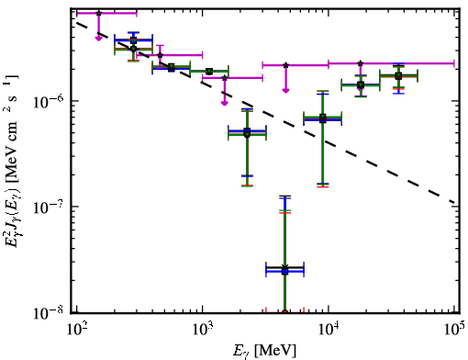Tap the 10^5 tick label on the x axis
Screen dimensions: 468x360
pyautogui.click(x=454, y=330)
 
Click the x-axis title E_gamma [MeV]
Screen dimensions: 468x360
pyautogui.click(x=264, y=351)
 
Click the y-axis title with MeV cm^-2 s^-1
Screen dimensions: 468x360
pyautogui.click(x=13, y=161)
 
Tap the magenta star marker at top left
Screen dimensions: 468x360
pyautogui.click(x=98, y=13)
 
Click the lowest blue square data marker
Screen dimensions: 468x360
pyautogui.click(x=284, y=272)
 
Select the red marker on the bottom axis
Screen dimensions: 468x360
pyautogui.click(x=284, y=312)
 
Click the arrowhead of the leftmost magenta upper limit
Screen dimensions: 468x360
pyautogui.click(x=98, y=38)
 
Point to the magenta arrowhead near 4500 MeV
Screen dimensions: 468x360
pyautogui.click(x=285, y=90)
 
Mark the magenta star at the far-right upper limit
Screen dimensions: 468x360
pyautogui.click(x=361, y=63)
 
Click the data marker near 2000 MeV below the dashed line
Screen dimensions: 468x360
pyautogui.click(x=247, y=133)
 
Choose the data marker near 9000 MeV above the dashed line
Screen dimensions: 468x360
pyautogui.click(x=323, y=118)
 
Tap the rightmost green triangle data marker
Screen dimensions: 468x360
pyautogui.click(x=398, y=75)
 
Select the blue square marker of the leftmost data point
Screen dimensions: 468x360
pyautogui.click(x=133, y=40)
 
